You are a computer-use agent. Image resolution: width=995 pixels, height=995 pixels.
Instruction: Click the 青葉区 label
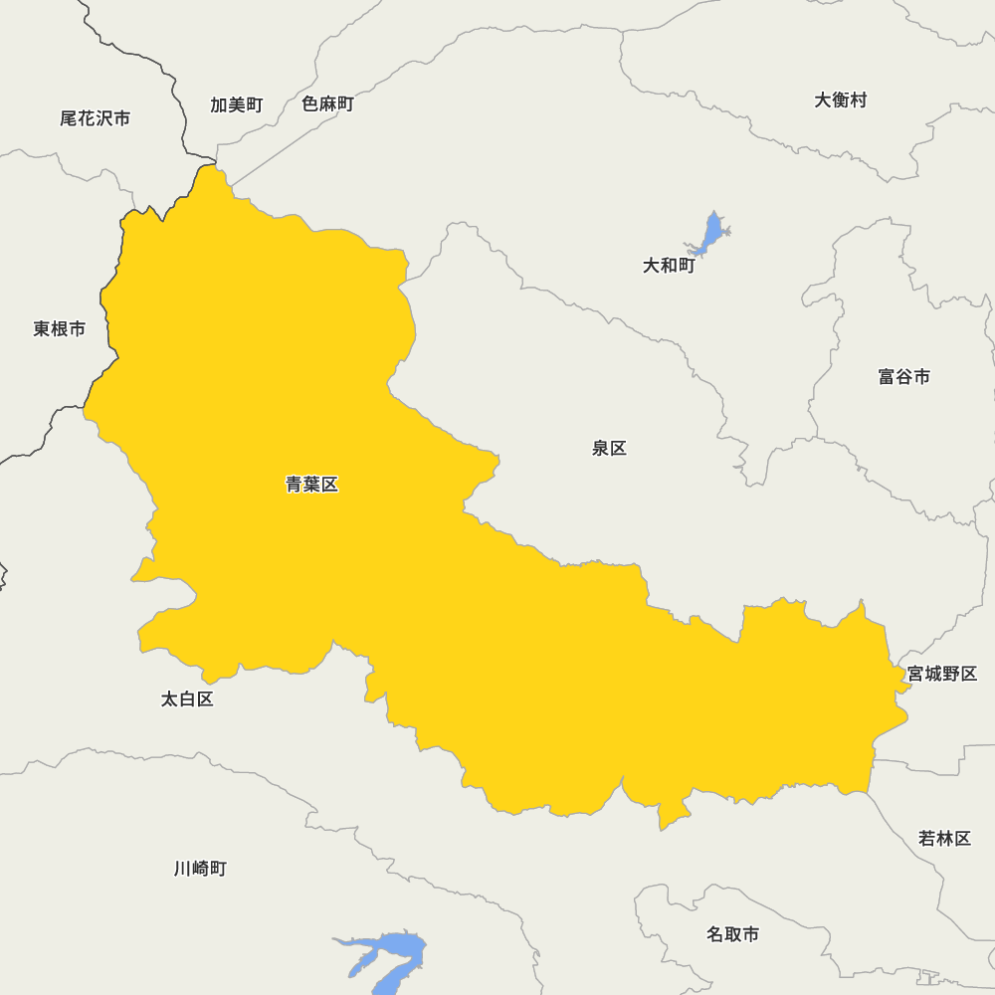(312, 485)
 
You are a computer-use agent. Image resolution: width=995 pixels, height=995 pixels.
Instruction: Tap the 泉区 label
(609, 448)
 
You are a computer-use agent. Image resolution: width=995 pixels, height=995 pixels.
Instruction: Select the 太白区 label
(187, 698)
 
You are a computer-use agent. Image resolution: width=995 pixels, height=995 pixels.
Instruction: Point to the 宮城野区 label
(941, 674)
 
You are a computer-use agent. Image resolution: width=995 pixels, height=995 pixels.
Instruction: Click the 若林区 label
(944, 838)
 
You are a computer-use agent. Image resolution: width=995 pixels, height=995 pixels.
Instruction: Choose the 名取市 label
(732, 934)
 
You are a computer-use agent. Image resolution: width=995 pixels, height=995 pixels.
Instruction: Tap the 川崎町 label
(200, 869)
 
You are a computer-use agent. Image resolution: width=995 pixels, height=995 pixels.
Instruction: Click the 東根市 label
(59, 328)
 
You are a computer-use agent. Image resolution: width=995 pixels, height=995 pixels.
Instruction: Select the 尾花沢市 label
(95, 118)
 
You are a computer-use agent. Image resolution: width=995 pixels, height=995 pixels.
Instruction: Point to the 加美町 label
(236, 104)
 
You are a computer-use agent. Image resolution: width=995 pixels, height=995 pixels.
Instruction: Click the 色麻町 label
(327, 103)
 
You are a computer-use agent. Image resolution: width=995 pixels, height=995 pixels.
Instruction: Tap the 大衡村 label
(841, 99)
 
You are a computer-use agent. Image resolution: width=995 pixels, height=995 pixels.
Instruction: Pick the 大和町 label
(669, 266)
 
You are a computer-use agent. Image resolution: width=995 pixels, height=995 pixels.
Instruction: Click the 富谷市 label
(904, 376)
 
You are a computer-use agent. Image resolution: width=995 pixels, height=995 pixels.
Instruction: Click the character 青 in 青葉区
(295, 485)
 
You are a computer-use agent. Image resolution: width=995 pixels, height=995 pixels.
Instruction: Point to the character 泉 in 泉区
(600, 448)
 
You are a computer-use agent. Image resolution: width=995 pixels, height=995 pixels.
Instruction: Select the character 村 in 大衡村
(859, 99)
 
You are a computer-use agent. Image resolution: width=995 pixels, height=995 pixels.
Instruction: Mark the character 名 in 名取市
(715, 934)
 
